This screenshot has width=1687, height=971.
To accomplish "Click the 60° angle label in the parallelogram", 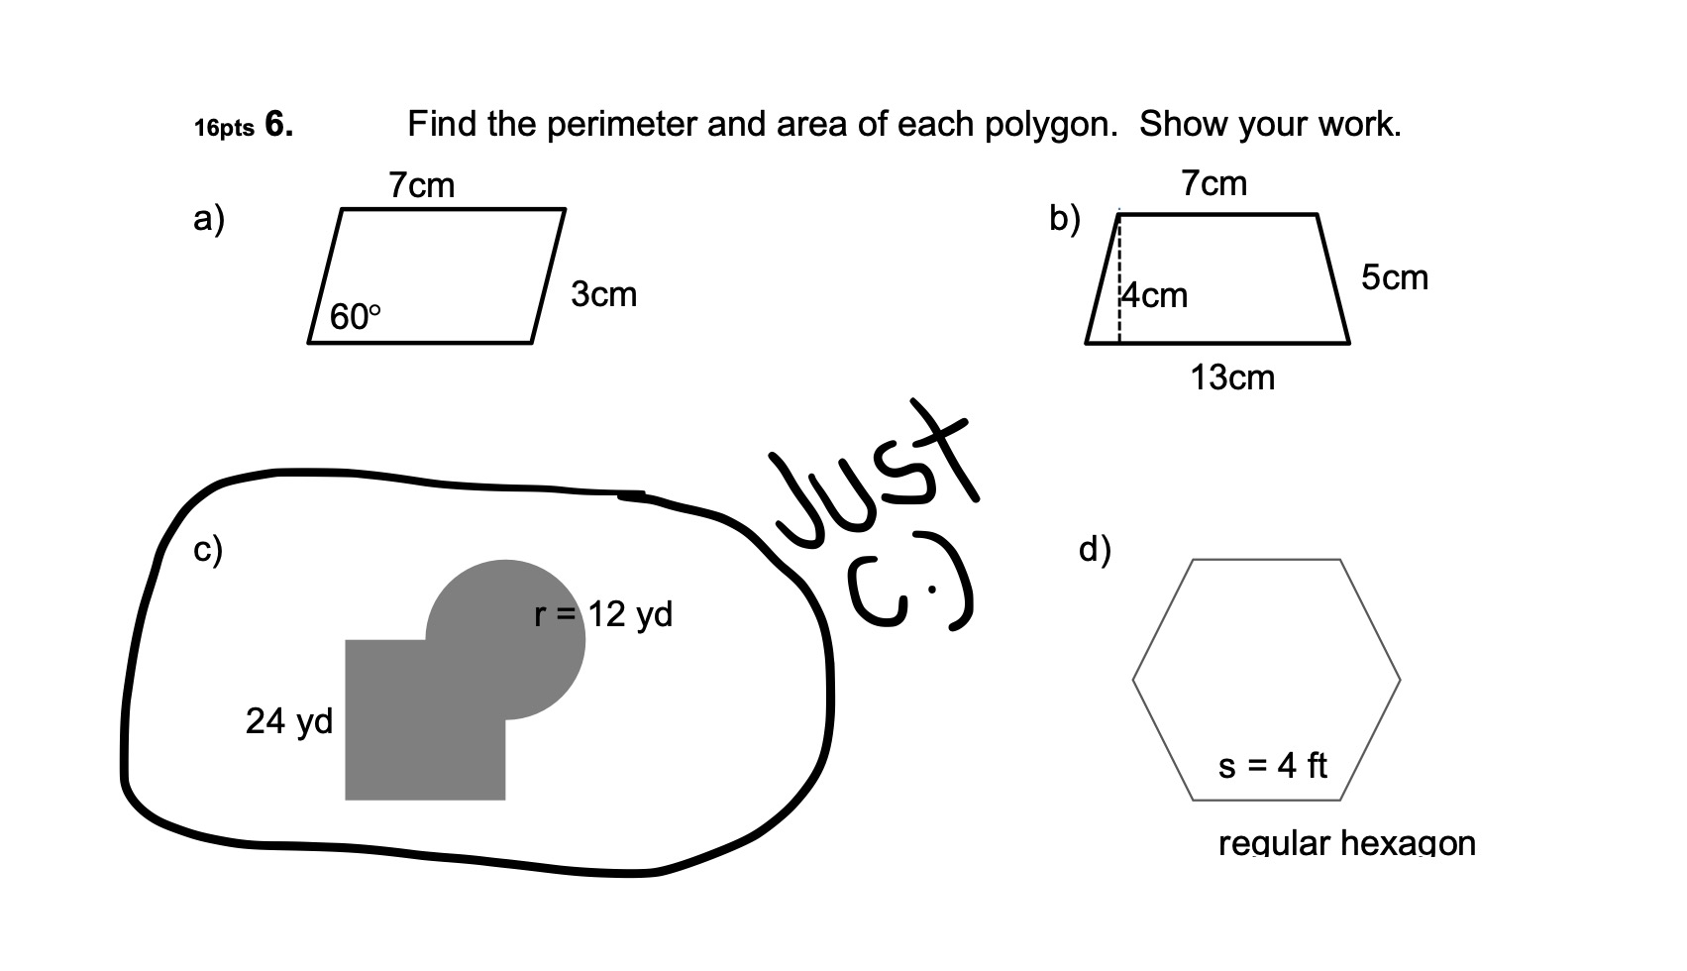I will click(355, 317).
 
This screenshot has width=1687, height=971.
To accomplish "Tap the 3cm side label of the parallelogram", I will click(603, 294).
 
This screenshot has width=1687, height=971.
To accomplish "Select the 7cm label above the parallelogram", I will click(422, 185).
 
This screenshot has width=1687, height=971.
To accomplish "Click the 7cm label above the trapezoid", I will click(1213, 183).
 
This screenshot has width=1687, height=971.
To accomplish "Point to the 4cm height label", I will click(1155, 295).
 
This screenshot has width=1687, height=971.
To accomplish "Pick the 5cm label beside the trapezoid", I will click(1395, 277).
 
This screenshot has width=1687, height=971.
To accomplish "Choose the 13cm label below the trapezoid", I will click(1232, 378).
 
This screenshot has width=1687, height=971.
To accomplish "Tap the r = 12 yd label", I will click(603, 614).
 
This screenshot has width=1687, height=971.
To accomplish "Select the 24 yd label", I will click(289, 720).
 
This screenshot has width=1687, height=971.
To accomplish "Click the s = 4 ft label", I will click(1272, 765).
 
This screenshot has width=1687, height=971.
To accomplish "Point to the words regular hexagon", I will click(1346, 843).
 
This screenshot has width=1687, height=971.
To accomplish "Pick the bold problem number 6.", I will click(278, 126).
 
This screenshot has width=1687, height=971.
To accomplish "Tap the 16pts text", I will click(224, 129).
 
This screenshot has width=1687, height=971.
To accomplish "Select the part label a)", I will click(209, 218).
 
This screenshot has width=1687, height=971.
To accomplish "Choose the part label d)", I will click(1095, 548).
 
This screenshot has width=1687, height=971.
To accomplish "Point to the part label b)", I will click(1065, 218).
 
